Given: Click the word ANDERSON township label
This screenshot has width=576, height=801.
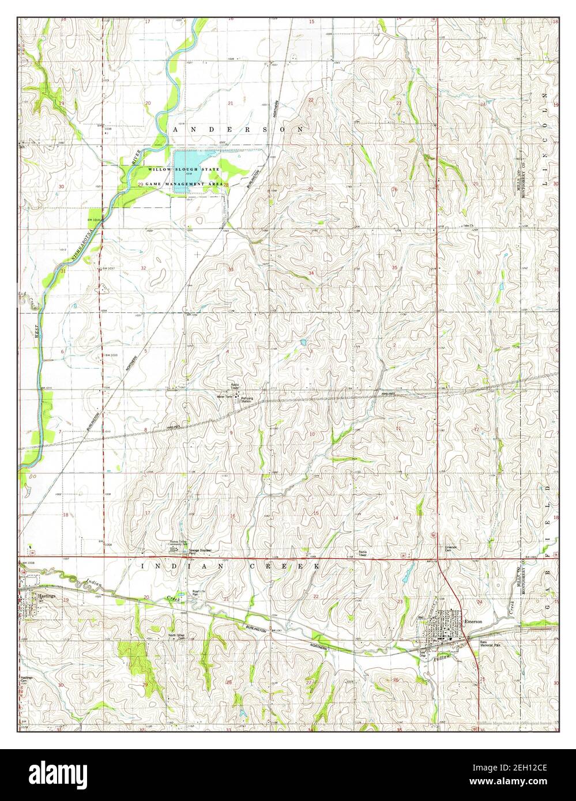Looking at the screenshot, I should coord(238,130).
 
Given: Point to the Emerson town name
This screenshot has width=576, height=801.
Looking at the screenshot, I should coord(472,621).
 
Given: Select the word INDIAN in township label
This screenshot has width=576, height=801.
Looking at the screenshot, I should coord(167,567).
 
